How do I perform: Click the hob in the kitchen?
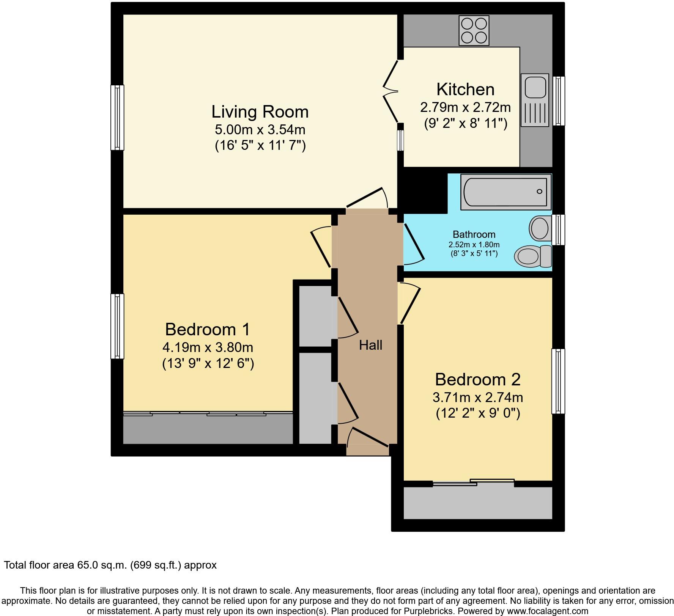pyautogui.click(x=474, y=30)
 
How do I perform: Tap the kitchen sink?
pyautogui.click(x=535, y=100)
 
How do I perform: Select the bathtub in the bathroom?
pyautogui.click(x=506, y=192)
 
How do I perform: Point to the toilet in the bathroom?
pyautogui.click(x=533, y=256)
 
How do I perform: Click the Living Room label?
pyautogui.click(x=260, y=112)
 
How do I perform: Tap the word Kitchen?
pyautogui.click(x=465, y=90)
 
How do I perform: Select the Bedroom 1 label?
pyautogui.click(x=208, y=329)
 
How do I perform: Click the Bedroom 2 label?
pyautogui.click(x=478, y=379)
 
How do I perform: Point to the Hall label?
pyautogui.click(x=371, y=345)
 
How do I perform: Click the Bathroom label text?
pyautogui.click(x=474, y=234)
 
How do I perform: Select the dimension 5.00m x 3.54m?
pyautogui.click(x=260, y=130)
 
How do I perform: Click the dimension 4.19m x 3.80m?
pyautogui.click(x=208, y=347)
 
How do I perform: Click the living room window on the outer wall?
pyautogui.click(x=117, y=118)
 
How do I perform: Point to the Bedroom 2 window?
pyautogui.click(x=558, y=381)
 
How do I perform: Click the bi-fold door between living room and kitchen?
pyautogui.click(x=391, y=91)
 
